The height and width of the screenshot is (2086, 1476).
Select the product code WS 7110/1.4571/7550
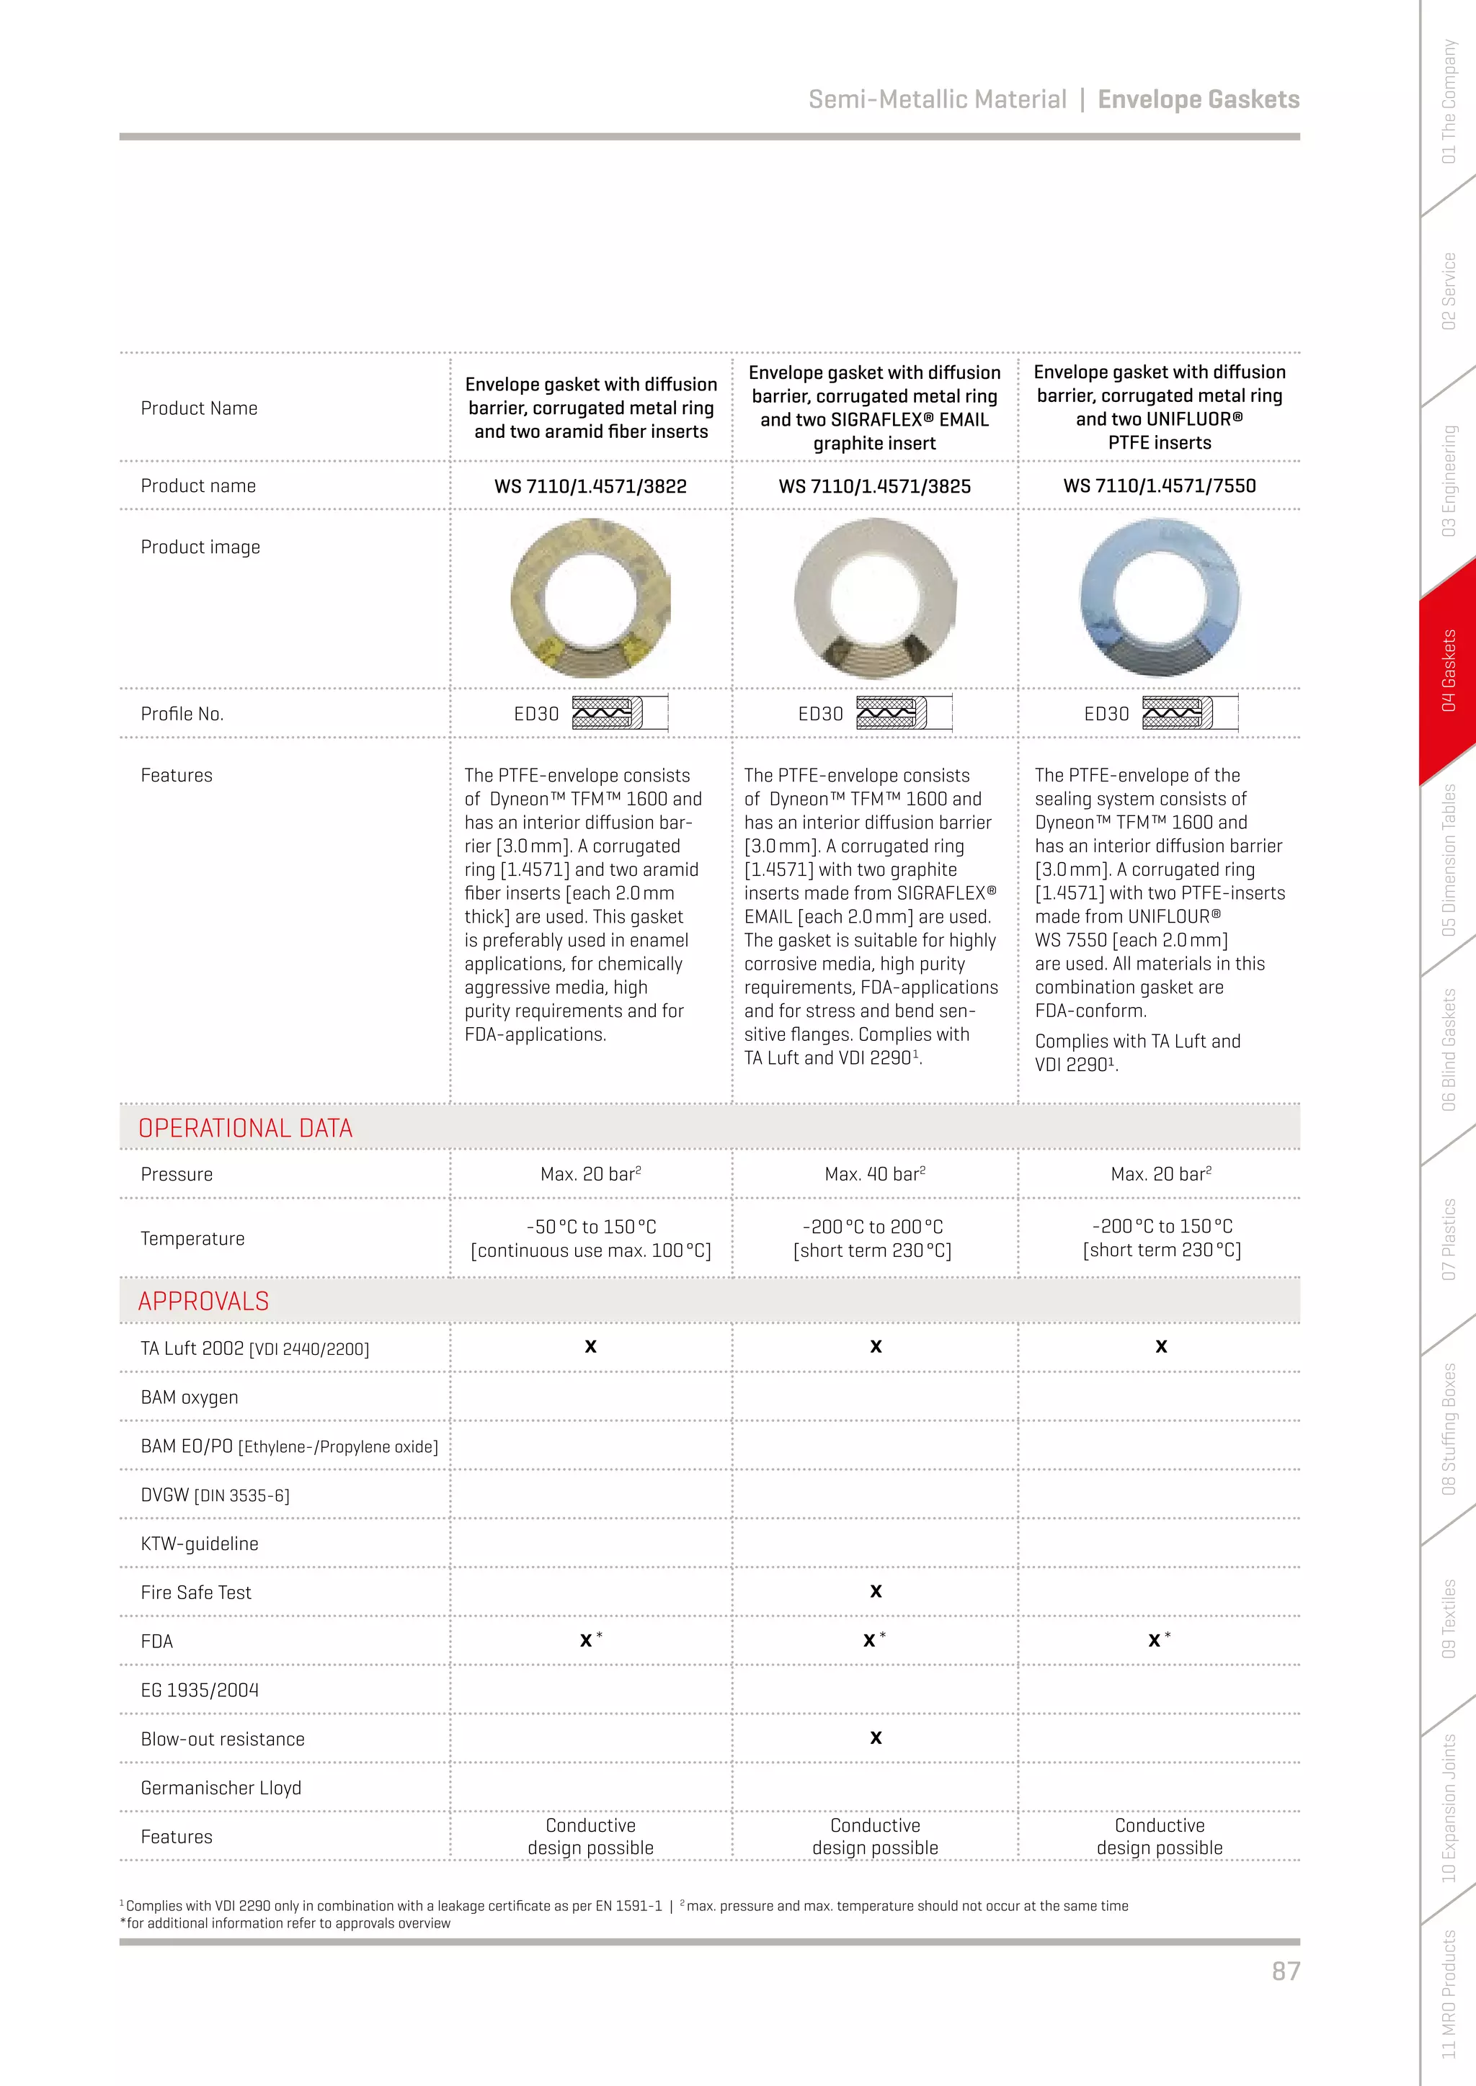(1159, 486)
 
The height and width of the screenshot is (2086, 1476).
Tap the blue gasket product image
(1159, 597)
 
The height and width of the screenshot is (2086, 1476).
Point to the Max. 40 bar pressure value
(874, 1174)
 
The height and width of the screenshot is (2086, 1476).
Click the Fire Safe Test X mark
(875, 1591)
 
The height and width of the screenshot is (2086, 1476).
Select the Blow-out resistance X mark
(875, 1737)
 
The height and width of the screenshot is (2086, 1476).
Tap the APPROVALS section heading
(203, 1301)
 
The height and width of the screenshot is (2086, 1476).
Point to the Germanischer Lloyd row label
(221, 1787)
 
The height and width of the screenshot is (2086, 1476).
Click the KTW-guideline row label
(199, 1543)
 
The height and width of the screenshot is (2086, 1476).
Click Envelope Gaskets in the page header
(1198, 99)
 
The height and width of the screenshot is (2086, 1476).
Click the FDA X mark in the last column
(1155, 1640)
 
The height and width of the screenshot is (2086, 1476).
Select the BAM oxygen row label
(189, 1397)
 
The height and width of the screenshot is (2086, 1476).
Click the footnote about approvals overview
(285, 1923)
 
